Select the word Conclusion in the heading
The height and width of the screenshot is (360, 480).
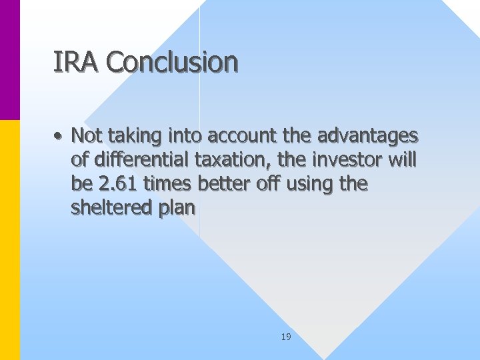click(171, 63)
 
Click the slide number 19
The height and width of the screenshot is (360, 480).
click(286, 337)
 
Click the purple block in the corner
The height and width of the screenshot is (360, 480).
click(10, 60)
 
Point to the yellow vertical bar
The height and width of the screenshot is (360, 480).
click(10, 240)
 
